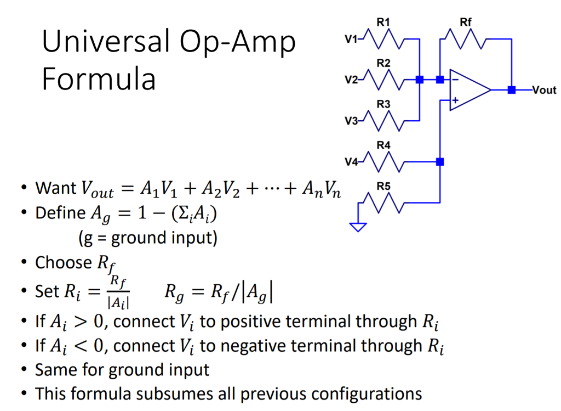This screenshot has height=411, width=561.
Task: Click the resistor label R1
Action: click(x=383, y=22)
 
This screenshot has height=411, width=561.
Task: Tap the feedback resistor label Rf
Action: click(x=466, y=22)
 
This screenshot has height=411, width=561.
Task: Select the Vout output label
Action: click(x=544, y=90)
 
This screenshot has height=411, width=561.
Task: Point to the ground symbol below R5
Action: click(x=358, y=226)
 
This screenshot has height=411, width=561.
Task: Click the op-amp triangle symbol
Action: click(x=468, y=90)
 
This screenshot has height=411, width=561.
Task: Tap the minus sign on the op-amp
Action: click(x=455, y=80)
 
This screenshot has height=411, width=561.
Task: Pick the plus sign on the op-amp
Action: click(x=455, y=100)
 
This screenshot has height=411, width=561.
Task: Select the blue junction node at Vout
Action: click(x=511, y=90)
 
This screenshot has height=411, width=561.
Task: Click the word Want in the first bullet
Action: click(x=56, y=188)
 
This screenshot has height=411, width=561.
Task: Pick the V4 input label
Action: click(x=351, y=162)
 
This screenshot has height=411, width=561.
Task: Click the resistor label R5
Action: click(x=383, y=187)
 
